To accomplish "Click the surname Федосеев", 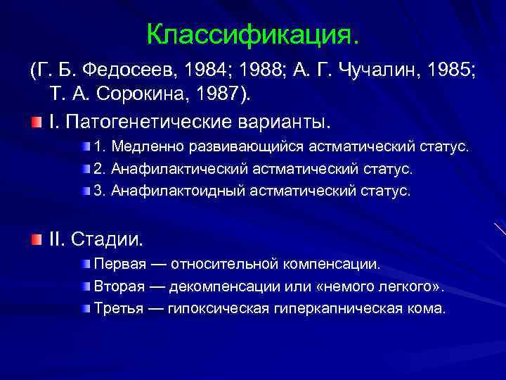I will [133, 70].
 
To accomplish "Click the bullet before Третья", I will [86, 308].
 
